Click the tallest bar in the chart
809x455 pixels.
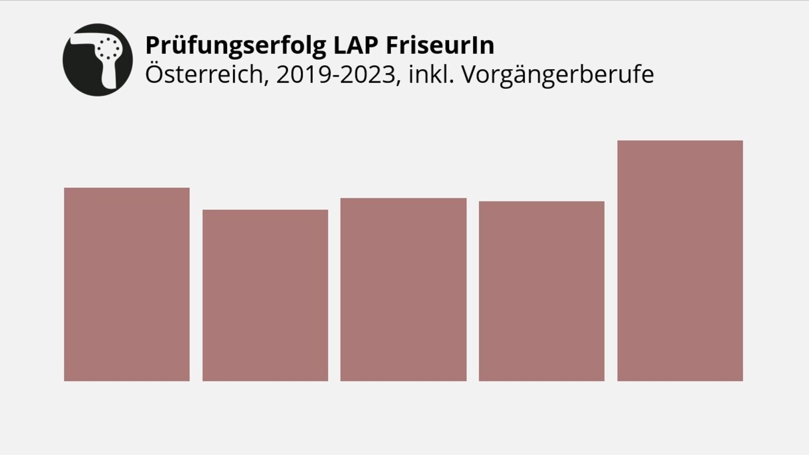tap(680, 261)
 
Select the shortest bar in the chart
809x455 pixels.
tap(265, 295)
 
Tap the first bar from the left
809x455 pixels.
tap(126, 284)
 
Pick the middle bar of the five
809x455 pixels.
tap(403, 289)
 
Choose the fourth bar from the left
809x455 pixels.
tap(541, 291)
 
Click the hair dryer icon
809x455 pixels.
tap(98, 59)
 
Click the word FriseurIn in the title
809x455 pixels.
tap(439, 45)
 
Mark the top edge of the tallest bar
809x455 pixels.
tap(680, 141)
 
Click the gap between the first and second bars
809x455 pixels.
tap(196, 295)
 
